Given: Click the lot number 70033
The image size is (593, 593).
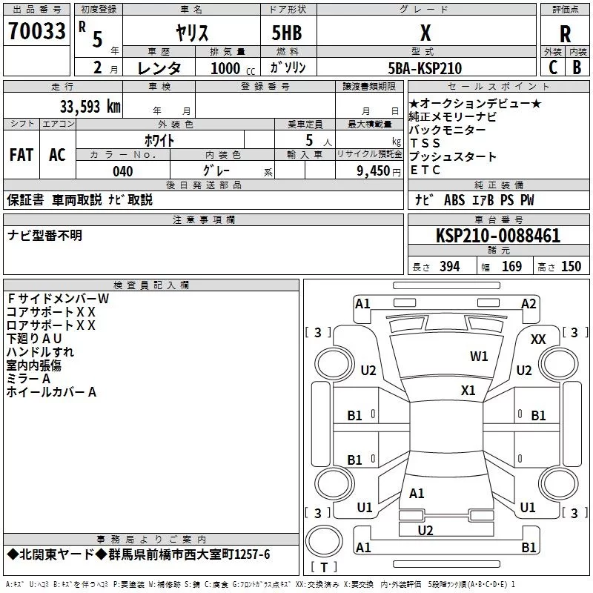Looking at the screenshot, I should (36, 32).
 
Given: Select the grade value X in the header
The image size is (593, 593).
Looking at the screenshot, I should (425, 33).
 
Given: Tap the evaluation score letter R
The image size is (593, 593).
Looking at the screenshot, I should (565, 34).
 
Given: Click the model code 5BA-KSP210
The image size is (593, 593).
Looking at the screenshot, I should (425, 68).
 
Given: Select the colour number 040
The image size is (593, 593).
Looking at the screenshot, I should (122, 171).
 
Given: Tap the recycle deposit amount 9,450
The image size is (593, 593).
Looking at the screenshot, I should (373, 171).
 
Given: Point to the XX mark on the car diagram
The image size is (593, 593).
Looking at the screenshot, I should (539, 339).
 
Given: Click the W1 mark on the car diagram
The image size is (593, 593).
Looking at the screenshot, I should (479, 357).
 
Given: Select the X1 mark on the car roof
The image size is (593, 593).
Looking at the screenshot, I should (468, 390).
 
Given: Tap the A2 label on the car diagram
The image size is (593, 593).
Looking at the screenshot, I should (529, 303).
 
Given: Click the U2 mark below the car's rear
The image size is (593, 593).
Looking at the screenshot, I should (425, 530).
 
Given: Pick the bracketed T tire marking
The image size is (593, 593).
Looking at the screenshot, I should (323, 568).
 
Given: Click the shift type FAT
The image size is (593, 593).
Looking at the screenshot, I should (21, 155).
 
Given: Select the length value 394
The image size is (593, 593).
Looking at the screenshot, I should (449, 267).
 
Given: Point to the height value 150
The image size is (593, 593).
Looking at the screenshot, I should (571, 267).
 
